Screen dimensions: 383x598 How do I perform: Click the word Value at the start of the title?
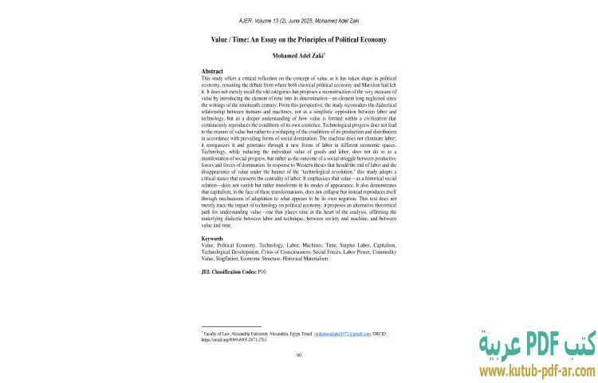[221, 39]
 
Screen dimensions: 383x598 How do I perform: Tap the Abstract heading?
[212, 72]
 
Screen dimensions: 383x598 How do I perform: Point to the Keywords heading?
[213, 239]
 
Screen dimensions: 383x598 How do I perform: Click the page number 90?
[298, 355]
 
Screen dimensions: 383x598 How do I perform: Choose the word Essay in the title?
[277, 39]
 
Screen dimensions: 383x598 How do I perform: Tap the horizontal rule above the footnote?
[231, 325]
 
